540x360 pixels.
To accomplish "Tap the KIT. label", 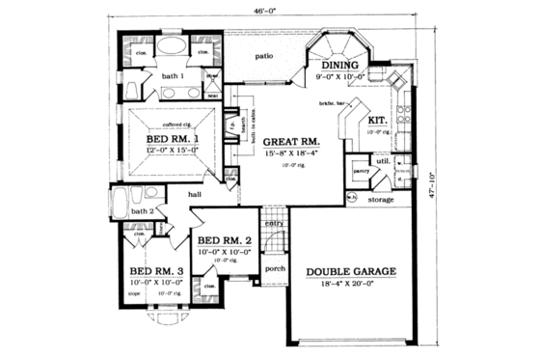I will tap(377, 121).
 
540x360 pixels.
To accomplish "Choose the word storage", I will tap(381, 201).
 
